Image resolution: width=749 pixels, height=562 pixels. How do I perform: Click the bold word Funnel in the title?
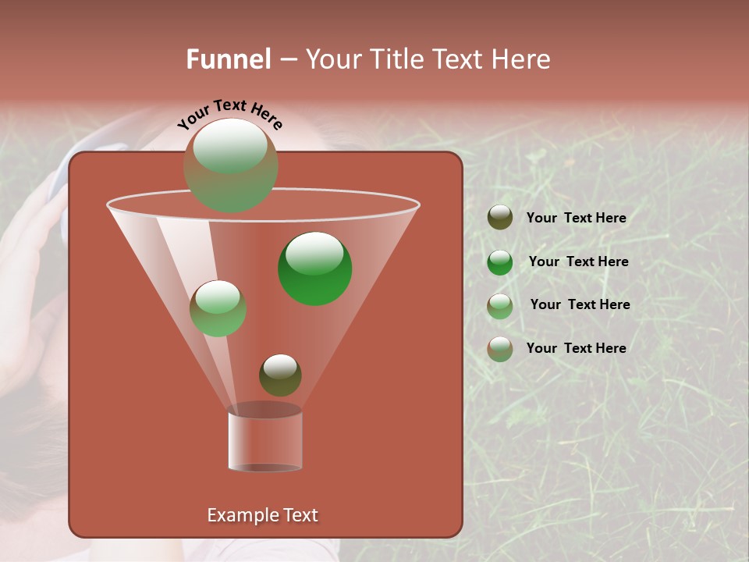click(228, 59)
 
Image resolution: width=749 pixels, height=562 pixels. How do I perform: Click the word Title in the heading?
click(397, 59)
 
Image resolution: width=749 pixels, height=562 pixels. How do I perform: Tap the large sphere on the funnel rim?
click(230, 165)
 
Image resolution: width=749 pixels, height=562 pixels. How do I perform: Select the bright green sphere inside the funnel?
click(314, 269)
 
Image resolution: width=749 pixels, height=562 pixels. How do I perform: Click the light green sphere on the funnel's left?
click(218, 308)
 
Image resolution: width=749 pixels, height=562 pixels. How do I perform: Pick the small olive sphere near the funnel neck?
click(280, 375)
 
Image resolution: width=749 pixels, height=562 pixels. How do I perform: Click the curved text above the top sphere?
click(229, 114)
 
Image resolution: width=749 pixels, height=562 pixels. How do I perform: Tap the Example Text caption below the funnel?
click(262, 515)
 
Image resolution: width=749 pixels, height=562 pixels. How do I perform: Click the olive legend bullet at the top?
click(500, 218)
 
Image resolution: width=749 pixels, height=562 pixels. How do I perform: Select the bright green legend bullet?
click(500, 262)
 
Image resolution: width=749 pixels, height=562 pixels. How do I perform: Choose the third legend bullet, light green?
click(500, 306)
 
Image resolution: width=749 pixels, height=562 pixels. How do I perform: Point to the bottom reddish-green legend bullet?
click(500, 349)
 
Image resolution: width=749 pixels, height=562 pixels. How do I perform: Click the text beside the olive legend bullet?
click(576, 218)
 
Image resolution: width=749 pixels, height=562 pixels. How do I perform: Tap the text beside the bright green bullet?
click(578, 261)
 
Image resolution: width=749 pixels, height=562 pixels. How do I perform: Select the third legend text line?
click(580, 304)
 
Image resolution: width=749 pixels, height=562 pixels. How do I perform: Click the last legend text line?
click(576, 348)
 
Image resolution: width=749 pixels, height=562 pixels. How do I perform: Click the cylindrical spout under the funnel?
click(264, 441)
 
